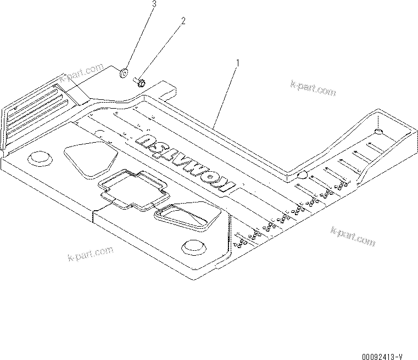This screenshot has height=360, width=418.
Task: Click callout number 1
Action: pyautogui.click(x=237, y=64)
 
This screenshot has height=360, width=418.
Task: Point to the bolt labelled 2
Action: pyautogui.click(x=140, y=83)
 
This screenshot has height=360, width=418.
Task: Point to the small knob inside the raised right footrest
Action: pyautogui.click(x=377, y=132)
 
